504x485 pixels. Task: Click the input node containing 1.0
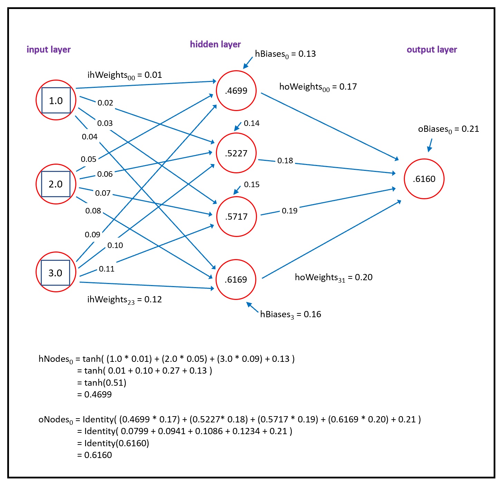coord(56,100)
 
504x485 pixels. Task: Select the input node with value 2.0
coord(56,184)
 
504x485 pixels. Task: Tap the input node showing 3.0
coord(56,273)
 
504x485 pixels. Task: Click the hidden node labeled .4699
coord(236,91)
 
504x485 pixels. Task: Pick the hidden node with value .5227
coord(236,153)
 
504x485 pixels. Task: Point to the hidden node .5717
coord(237,217)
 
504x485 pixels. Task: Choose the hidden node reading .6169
coord(236,280)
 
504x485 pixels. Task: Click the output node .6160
coord(424,179)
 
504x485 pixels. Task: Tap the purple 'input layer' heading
coord(49,49)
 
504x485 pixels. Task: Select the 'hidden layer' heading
coord(215,44)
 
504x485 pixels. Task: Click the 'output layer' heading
coord(432,49)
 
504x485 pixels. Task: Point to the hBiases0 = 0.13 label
coord(285,54)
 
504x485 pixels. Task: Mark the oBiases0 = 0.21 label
coord(448,129)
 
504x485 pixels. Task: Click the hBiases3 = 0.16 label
coord(291,314)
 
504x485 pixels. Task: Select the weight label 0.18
coord(285,161)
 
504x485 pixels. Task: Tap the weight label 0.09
coord(93,235)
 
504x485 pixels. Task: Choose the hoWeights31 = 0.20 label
coord(334,277)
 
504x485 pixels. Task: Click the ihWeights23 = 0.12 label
coord(124,300)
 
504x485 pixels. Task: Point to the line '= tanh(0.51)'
coord(102,383)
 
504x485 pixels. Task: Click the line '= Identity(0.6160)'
coord(113,443)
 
